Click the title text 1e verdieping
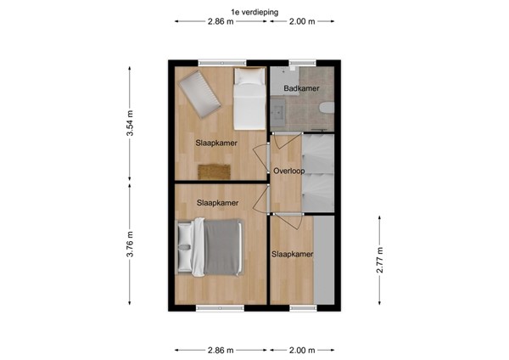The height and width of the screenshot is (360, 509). coord(254,9)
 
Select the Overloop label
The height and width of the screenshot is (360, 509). coord(288,171)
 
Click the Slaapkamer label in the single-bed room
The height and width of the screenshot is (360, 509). coord(217,143)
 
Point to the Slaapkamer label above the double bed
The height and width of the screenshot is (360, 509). coord(217,203)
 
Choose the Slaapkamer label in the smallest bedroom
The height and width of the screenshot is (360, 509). coord(293,254)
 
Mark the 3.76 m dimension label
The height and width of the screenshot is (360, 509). coord(130,246)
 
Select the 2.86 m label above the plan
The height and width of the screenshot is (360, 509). coord(222,21)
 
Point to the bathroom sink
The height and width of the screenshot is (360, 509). coord(280,108)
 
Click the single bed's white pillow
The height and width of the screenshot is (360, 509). coord(249,78)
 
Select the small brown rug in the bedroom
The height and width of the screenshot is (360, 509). coord(215,171)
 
